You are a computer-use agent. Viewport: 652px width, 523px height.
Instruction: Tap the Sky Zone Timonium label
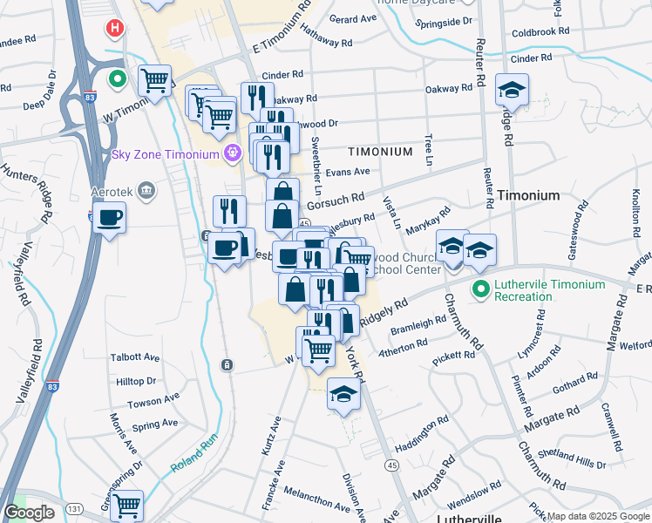click(x=164, y=154)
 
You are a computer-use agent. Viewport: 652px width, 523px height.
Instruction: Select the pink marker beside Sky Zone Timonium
click(x=232, y=154)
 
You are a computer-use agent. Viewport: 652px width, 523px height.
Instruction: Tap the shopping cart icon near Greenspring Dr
click(x=127, y=505)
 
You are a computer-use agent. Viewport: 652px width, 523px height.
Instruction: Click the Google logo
click(x=29, y=513)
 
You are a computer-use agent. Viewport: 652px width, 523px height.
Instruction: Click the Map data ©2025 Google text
click(x=597, y=516)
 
